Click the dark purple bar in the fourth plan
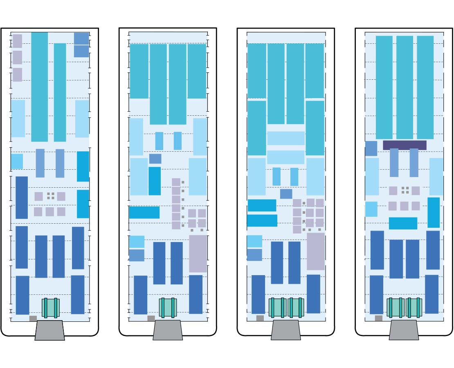point(405,145)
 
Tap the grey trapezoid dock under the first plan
point(49,330)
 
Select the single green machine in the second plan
point(168,307)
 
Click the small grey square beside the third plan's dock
point(260,318)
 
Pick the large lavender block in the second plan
point(198,254)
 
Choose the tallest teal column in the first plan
point(39,87)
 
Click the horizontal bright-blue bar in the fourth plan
point(403,223)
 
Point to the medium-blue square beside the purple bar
point(371,148)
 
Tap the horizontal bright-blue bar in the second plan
point(144,212)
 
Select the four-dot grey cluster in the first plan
point(51,196)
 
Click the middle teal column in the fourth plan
point(405,88)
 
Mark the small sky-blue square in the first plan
point(17,161)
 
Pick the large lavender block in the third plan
point(315,251)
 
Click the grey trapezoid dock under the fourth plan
point(404,330)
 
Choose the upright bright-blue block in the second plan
point(155,181)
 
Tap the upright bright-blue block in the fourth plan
point(434,213)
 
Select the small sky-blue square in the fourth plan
point(371,209)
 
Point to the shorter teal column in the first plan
point(60,92)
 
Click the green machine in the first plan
point(51,307)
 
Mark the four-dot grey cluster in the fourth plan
point(405,190)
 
